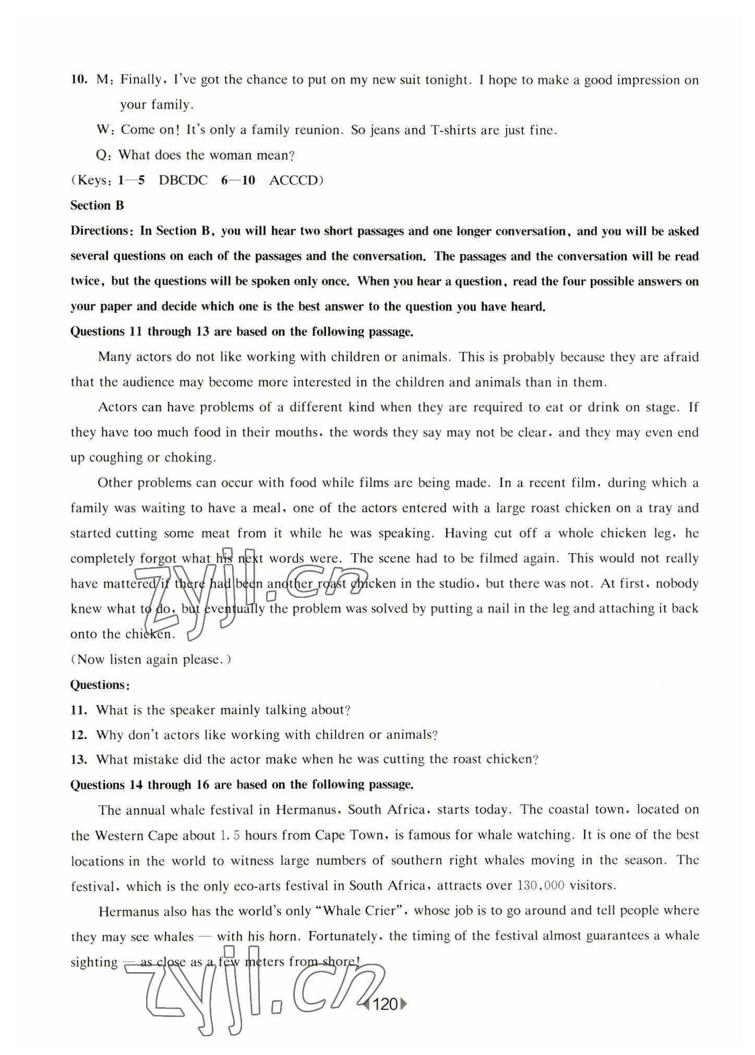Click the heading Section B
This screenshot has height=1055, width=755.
[x=97, y=205]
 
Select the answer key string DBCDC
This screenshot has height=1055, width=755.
[x=183, y=180]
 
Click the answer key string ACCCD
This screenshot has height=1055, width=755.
[x=293, y=180]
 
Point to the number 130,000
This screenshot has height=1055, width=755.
[x=541, y=885]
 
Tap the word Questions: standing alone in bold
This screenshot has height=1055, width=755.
[x=100, y=684]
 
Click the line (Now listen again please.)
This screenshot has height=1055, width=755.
[x=151, y=659]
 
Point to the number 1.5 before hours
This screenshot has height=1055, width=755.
[x=230, y=835]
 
